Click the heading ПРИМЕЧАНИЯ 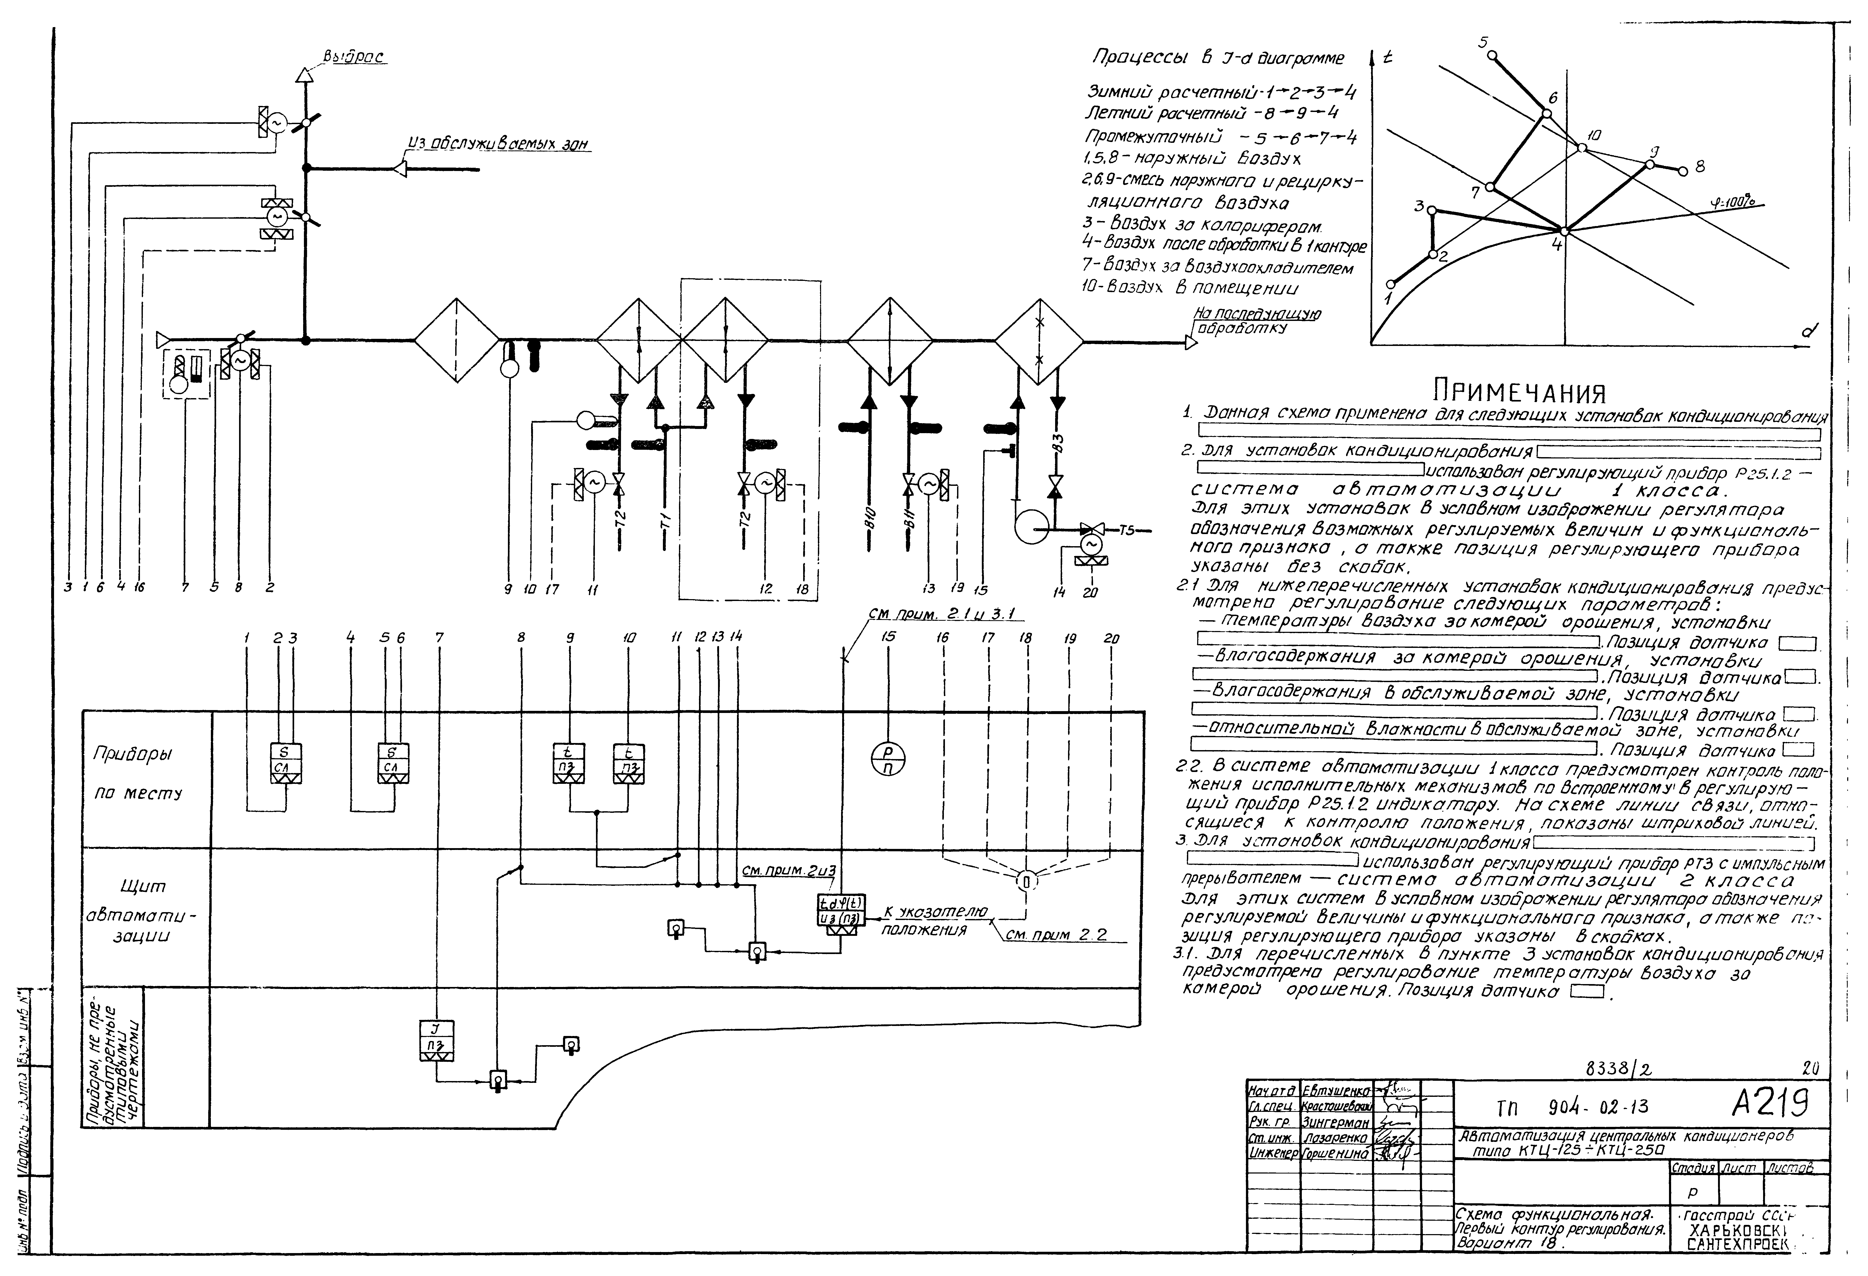pyautogui.click(x=1519, y=393)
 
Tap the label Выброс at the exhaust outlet pyautogui.click(x=354, y=58)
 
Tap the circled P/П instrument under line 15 pyautogui.click(x=888, y=758)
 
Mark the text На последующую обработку pyautogui.click(x=1256, y=321)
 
